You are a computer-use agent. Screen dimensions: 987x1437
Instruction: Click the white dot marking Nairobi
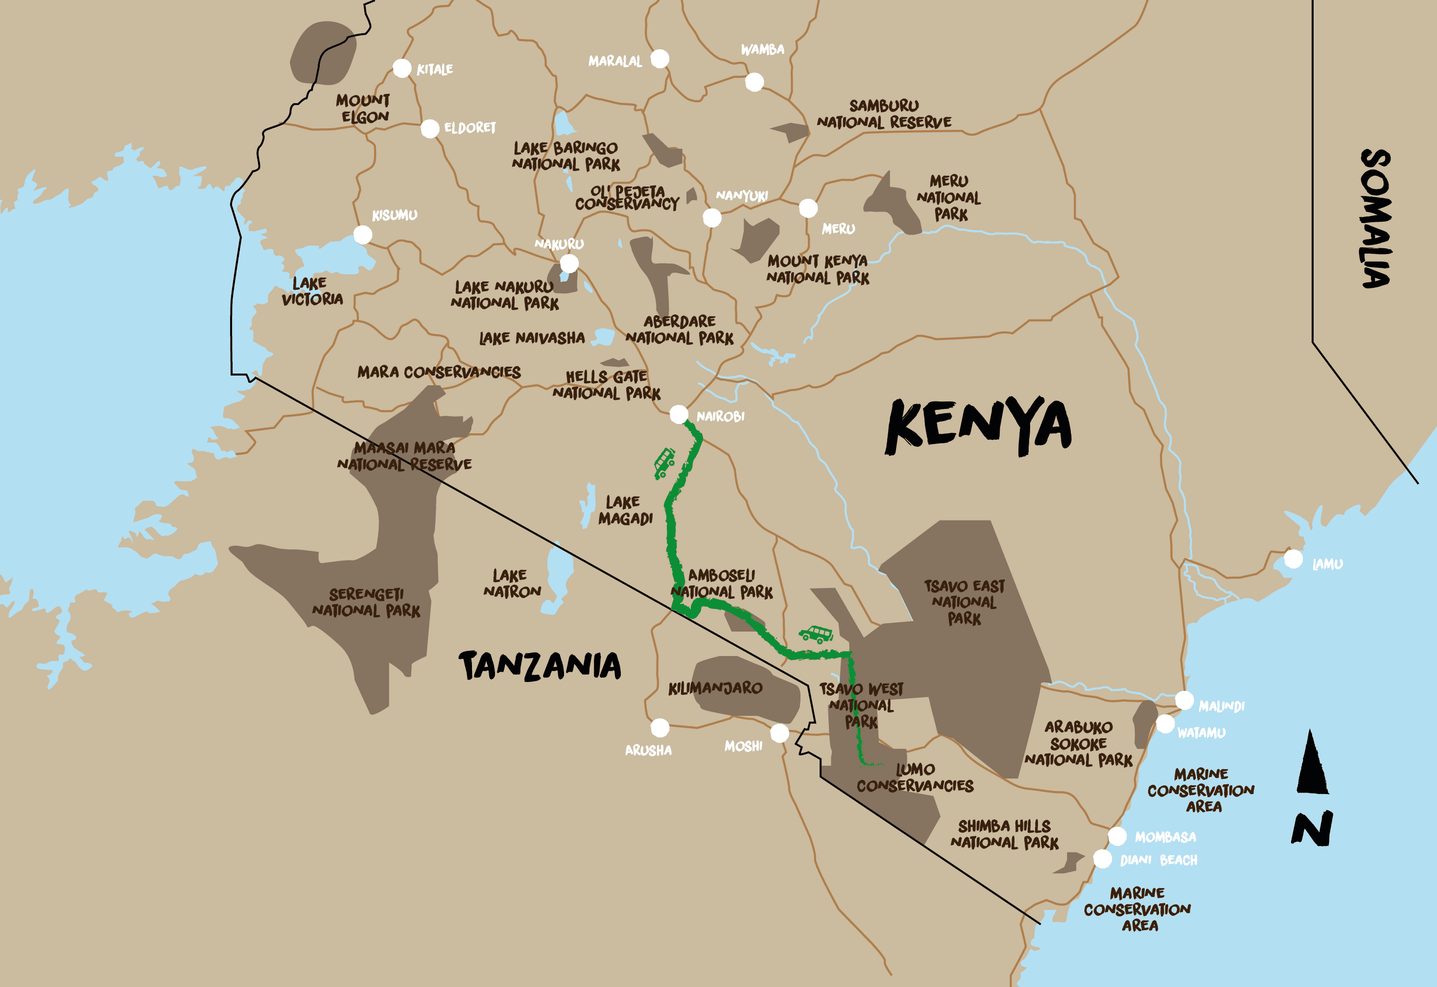(x=679, y=414)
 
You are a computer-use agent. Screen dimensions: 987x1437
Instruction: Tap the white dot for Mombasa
(x=1117, y=836)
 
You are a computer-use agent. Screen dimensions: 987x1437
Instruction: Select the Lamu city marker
(x=1293, y=559)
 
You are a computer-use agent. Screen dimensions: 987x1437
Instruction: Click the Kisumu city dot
(x=363, y=235)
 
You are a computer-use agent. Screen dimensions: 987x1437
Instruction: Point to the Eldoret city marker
(x=430, y=129)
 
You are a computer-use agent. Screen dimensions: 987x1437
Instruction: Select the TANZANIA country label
(x=540, y=666)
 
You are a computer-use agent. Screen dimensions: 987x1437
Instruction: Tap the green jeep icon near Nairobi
(x=664, y=463)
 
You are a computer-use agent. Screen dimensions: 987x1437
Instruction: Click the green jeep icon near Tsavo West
(x=816, y=634)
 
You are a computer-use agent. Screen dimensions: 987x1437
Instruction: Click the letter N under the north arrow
(x=1312, y=829)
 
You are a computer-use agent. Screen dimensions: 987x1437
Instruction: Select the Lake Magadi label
(x=625, y=510)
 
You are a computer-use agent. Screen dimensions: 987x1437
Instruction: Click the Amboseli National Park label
(x=722, y=584)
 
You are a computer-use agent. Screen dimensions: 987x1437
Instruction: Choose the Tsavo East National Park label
(x=964, y=602)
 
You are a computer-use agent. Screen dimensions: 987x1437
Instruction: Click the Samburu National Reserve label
(x=884, y=115)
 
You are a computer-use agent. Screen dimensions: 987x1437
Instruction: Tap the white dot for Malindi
(x=1184, y=700)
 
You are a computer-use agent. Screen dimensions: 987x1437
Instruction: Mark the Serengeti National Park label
(x=366, y=602)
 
